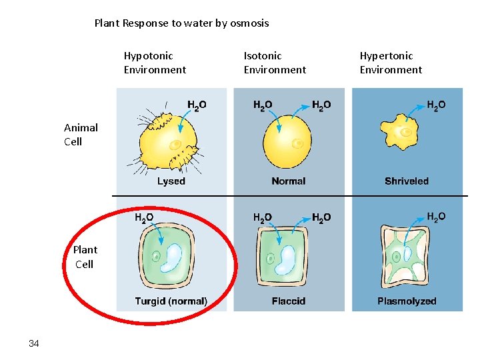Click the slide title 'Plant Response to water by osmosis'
point(181,23)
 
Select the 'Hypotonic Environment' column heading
point(155,63)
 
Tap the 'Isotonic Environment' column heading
point(275,63)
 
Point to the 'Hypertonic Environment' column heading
point(391,63)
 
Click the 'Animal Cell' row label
point(81,134)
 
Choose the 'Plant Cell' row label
point(85,257)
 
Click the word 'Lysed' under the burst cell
point(171,181)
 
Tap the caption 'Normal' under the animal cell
point(289,181)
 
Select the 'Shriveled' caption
point(407,181)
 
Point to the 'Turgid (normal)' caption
point(171,301)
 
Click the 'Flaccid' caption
point(289,301)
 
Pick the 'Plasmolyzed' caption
point(407,301)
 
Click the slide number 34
point(34,343)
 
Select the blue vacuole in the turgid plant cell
point(175,258)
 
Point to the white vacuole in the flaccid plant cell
point(289,260)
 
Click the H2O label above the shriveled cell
point(436,105)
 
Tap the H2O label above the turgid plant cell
point(144,217)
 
